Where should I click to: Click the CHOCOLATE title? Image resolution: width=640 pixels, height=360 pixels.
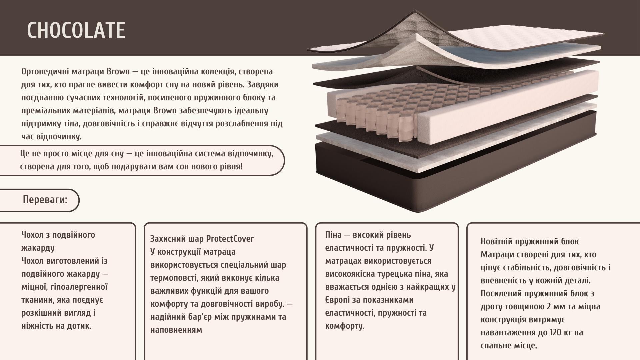(76, 30)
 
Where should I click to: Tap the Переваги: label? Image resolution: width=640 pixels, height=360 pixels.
(45, 200)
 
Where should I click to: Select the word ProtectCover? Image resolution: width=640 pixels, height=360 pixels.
(230, 239)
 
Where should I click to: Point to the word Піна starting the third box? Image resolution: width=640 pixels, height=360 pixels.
(333, 235)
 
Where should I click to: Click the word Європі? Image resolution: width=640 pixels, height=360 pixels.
(336, 300)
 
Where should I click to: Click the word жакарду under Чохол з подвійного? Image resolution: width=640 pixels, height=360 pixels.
(38, 248)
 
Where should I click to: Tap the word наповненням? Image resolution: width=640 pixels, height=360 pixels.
(176, 330)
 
